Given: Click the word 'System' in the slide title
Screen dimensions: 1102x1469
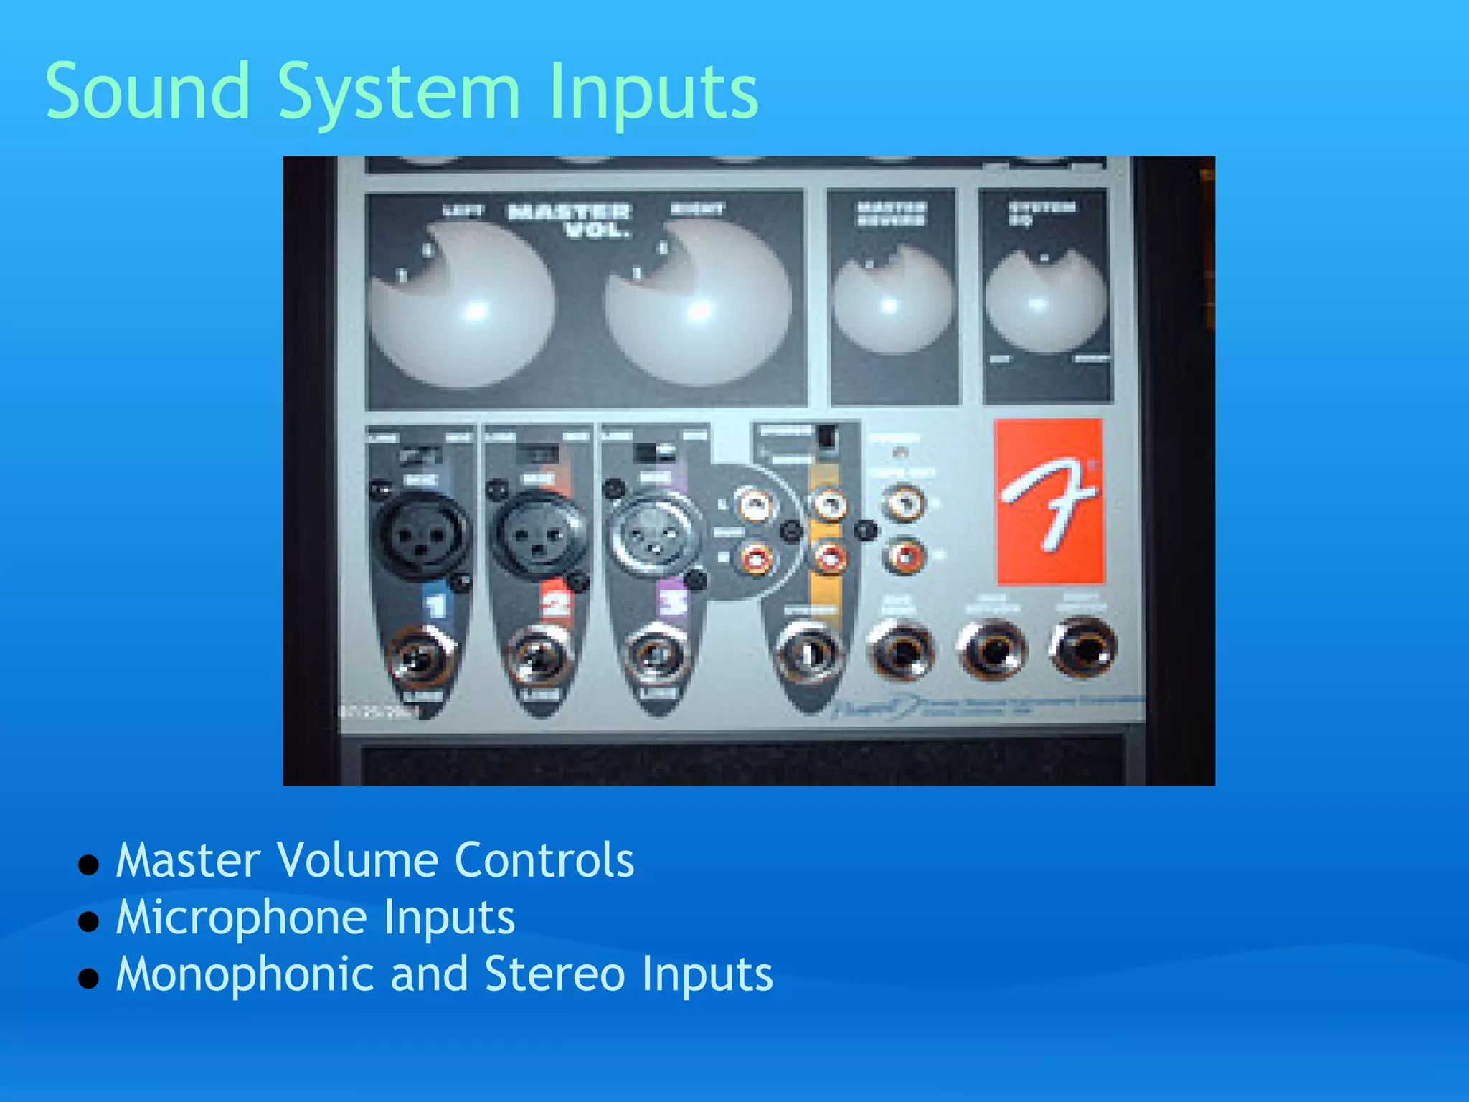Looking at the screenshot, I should coord(398,93).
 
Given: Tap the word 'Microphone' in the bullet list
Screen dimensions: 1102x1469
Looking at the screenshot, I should coord(244,918).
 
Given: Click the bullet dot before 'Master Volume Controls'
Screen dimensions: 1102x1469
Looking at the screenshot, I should coord(88,865).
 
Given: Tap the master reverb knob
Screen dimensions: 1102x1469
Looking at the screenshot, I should coord(892,301).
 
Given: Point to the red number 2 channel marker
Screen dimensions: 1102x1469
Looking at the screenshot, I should coord(555,604).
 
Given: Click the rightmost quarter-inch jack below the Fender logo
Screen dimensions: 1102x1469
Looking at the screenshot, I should coord(1084,649).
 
